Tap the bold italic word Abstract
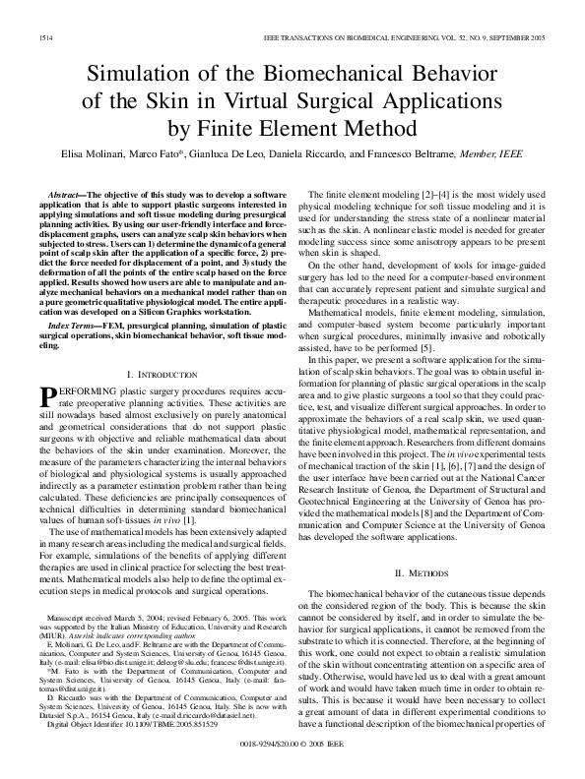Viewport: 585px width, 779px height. pyautogui.click(x=67, y=197)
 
